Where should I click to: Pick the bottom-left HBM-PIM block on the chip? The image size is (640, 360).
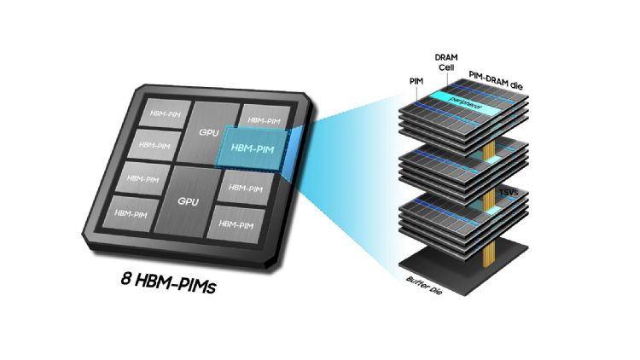click(131, 212)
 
